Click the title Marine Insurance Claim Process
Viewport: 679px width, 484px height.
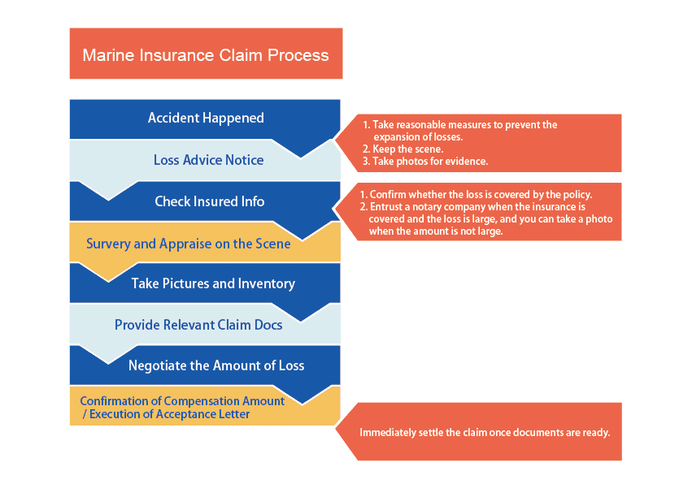[206, 55]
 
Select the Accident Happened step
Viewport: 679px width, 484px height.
[206, 118]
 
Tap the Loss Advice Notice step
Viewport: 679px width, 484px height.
[209, 160]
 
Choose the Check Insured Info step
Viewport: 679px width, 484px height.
[210, 201]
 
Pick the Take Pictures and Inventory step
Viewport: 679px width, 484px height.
[213, 283]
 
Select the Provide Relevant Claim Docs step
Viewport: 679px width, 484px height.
[198, 325]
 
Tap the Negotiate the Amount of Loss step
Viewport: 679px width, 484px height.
[216, 365]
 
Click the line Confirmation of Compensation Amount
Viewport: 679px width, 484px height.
[182, 401]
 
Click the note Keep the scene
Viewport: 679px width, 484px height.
[403, 149]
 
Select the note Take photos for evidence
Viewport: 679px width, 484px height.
[425, 162]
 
